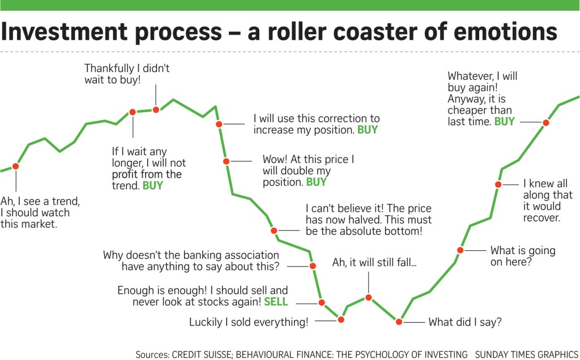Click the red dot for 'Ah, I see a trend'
(x=15, y=166)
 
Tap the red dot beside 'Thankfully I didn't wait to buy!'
(x=156, y=109)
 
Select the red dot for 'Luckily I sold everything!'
(x=341, y=319)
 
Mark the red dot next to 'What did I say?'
(x=399, y=322)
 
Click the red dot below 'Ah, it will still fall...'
(x=368, y=297)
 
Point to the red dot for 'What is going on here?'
(x=460, y=250)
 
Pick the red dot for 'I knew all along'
(x=498, y=184)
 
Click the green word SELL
(x=276, y=302)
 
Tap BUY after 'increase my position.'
(x=367, y=130)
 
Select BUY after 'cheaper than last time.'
(x=504, y=122)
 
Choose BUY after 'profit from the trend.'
(x=152, y=186)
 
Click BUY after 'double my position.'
(x=316, y=182)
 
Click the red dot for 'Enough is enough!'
(x=322, y=302)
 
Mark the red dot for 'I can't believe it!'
(x=274, y=230)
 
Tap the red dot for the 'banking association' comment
(x=312, y=265)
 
